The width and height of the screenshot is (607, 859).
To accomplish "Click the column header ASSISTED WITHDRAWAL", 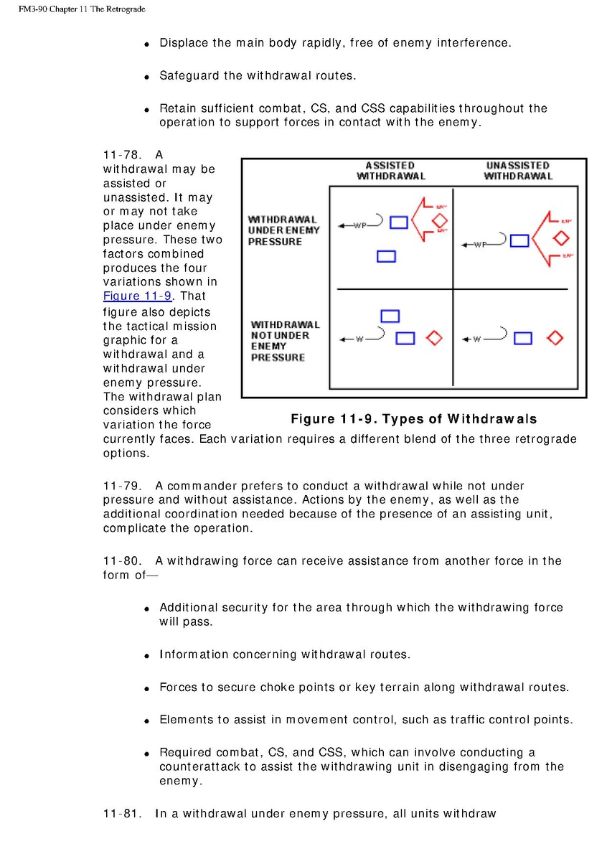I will [391, 171].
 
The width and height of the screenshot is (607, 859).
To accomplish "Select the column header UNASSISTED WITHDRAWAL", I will [517, 171].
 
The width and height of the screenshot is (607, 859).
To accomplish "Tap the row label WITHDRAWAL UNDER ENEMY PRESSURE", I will [283, 230].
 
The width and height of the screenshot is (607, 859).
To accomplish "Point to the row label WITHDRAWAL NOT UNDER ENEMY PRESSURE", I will [285, 341].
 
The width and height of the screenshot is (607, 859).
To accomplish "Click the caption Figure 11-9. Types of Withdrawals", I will [413, 419].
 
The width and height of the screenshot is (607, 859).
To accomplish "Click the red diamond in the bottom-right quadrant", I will [555, 338].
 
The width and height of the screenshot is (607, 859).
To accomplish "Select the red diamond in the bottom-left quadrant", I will [434, 338].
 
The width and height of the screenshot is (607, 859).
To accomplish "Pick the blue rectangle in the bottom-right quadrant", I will [523, 338].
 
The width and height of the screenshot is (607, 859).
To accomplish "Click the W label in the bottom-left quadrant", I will [359, 339].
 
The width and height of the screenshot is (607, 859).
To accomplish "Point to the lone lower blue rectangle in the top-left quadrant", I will [386, 255].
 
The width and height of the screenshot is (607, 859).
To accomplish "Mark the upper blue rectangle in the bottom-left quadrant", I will [390, 316].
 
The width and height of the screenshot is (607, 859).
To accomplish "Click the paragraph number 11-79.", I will [121, 486].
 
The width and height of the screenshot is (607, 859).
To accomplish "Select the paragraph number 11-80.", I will [121, 560].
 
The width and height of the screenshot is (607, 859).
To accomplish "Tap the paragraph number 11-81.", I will [121, 813].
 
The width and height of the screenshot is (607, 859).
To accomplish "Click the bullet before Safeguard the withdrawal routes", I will [146, 76].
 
